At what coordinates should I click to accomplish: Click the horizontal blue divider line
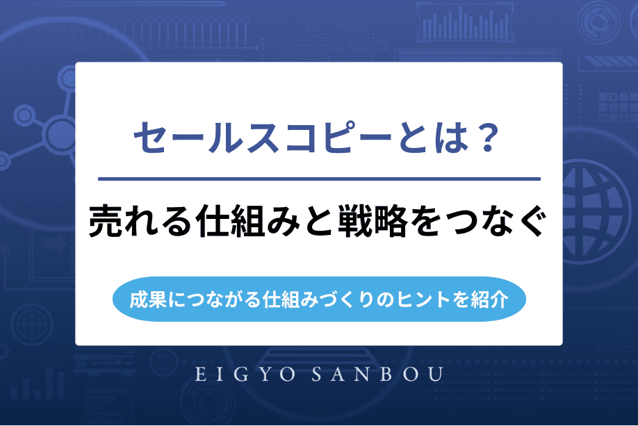pyautogui.click(x=319, y=179)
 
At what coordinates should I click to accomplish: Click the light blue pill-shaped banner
pyautogui.click(x=319, y=301)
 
